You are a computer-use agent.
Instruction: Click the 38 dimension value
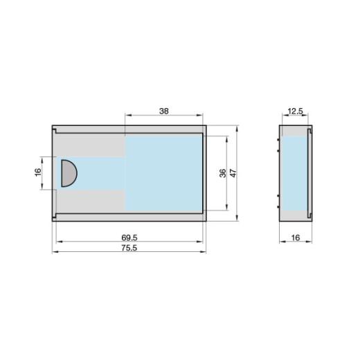coord(164,109)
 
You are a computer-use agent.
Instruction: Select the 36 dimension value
coord(222,173)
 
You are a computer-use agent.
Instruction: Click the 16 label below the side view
coord(296,237)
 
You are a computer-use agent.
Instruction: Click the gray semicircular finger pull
coord(68,172)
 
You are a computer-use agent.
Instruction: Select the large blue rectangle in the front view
coord(163,172)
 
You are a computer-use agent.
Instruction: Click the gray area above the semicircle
coord(90,147)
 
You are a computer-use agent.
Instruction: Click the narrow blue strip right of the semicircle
coord(101,172)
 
